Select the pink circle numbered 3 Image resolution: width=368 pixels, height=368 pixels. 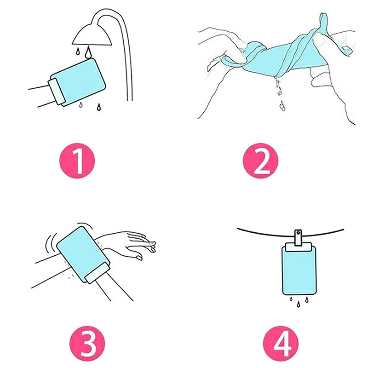(x=87, y=343)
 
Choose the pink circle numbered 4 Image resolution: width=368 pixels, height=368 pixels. (x=281, y=343)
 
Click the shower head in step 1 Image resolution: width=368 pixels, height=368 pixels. (x=92, y=35)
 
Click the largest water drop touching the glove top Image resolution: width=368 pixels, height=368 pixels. (x=88, y=52)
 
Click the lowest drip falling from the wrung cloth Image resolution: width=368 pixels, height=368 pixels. (x=282, y=106)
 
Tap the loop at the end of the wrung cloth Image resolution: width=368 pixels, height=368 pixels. (x=324, y=22)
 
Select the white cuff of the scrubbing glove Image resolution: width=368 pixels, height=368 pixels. (x=97, y=273)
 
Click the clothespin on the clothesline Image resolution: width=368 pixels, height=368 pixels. (x=298, y=237)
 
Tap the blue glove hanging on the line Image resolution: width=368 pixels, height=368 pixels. (x=299, y=270)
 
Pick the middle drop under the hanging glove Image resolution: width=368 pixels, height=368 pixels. (x=298, y=305)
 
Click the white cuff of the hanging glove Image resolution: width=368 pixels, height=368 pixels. (x=299, y=247)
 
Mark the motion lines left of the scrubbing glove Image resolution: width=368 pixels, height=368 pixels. (x=52, y=243)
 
